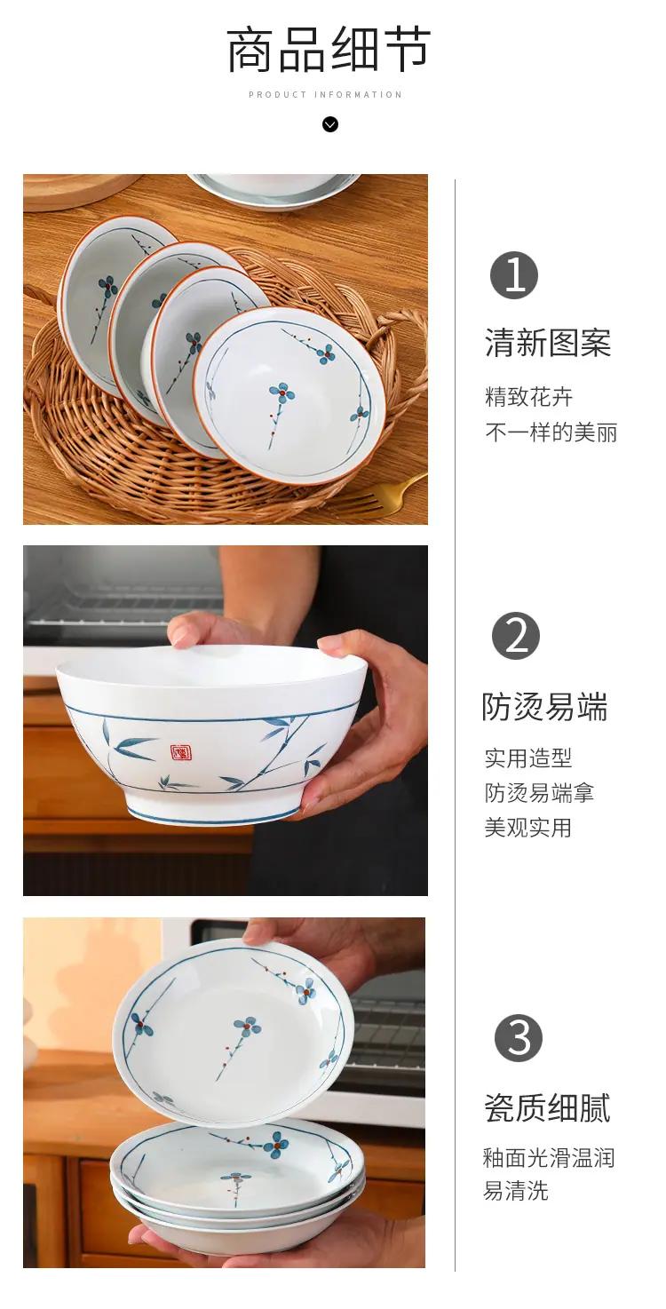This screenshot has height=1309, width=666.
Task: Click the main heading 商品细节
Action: point(329,51)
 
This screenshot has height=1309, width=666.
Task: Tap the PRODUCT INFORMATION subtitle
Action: point(325,95)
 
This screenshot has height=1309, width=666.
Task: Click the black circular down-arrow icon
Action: point(330,124)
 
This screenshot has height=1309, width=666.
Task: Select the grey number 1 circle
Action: point(514,275)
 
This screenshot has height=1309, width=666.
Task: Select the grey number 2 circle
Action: point(516,636)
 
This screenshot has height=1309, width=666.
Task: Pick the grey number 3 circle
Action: point(519,1038)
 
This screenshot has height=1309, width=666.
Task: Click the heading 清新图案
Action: point(548,343)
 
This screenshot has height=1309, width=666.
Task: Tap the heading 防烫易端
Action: point(544,707)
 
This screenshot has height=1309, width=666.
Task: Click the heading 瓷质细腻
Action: point(547,1108)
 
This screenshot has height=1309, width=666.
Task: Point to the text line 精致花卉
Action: point(528,397)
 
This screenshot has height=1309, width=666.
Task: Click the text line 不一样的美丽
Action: point(551,432)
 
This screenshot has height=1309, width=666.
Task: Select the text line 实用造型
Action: point(528,758)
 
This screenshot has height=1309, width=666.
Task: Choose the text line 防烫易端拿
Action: point(539,793)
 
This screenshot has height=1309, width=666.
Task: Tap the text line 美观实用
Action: point(528,828)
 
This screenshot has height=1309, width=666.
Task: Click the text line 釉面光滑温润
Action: point(549,1158)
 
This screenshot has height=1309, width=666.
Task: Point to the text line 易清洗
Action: point(516,1191)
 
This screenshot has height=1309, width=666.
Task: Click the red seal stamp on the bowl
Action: point(178,753)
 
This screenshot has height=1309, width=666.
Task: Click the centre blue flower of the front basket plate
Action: point(282,393)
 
